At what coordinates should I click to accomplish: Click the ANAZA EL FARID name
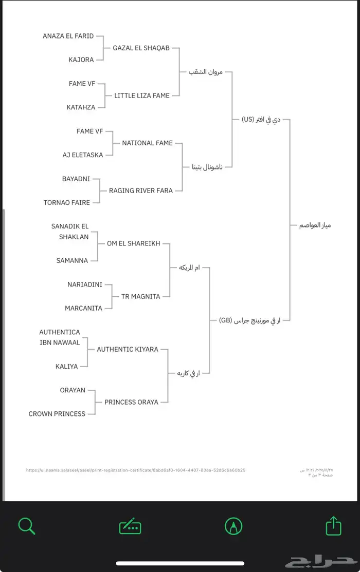[68, 36]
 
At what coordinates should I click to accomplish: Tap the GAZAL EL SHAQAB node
[141, 48]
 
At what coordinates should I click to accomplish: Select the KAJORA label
[81, 60]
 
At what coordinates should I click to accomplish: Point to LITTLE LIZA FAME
[142, 96]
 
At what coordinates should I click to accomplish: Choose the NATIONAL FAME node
[147, 143]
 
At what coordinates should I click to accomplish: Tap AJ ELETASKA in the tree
[83, 155]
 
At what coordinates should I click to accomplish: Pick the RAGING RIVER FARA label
[140, 190]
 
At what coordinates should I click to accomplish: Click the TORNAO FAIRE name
[67, 202]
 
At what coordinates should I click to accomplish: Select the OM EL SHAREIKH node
[133, 243]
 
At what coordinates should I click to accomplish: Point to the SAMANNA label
[73, 261]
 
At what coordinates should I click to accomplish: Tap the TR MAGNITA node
[140, 296]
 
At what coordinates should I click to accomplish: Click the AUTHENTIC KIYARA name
[128, 349]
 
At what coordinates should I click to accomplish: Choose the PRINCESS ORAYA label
[131, 402]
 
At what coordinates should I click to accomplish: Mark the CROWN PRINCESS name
[57, 414]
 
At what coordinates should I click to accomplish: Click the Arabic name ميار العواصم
[315, 225]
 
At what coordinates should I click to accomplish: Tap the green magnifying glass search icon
[26, 526]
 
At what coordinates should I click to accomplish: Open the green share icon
[334, 526]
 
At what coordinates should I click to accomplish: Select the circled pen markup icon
[233, 526]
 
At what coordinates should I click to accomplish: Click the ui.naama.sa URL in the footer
[136, 470]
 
